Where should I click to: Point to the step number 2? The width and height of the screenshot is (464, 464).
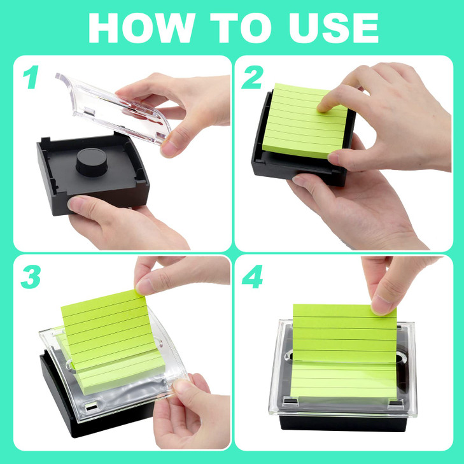[253, 78]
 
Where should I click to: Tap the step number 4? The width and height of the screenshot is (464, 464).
[253, 278]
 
